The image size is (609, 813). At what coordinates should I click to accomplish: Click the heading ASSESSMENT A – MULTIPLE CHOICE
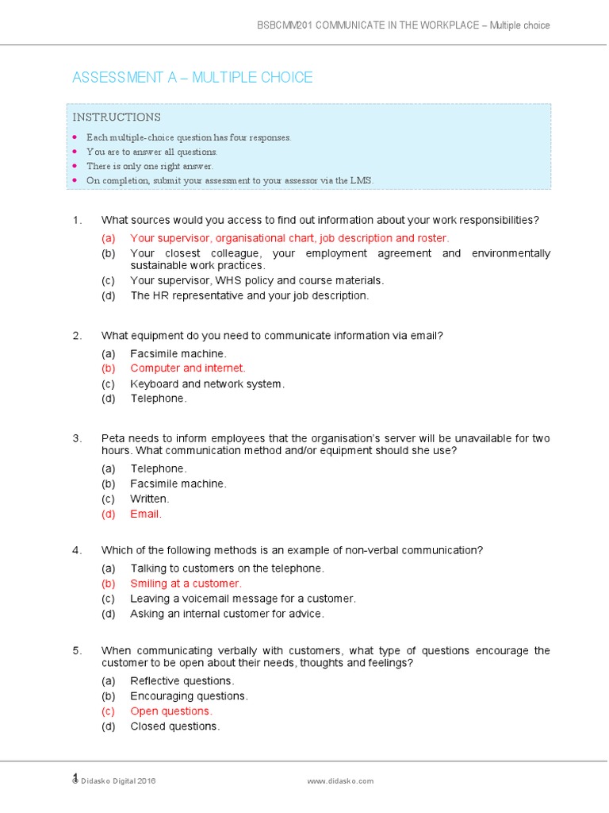click(x=192, y=77)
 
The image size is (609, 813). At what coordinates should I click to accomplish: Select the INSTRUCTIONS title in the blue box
click(x=117, y=118)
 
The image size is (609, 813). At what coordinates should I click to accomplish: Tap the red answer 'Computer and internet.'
click(x=188, y=368)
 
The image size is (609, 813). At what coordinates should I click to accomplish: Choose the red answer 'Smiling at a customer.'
click(x=186, y=584)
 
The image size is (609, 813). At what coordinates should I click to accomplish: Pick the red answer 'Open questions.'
click(x=171, y=711)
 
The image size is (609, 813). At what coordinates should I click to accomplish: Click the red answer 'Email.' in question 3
click(x=146, y=514)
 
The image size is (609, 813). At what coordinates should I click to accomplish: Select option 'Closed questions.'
click(x=174, y=726)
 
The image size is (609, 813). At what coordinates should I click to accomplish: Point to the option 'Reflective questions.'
click(x=182, y=681)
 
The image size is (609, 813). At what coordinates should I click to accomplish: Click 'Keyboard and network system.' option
click(x=207, y=384)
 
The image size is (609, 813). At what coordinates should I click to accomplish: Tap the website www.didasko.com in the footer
click(x=340, y=781)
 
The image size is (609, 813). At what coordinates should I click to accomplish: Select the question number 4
click(x=77, y=550)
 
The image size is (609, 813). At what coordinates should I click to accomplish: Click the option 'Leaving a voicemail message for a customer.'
click(x=243, y=599)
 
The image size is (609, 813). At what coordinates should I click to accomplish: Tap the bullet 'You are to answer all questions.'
click(x=151, y=152)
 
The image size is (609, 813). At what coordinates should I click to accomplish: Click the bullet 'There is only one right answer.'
click(x=150, y=166)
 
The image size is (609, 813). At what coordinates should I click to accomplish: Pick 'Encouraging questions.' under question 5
click(x=189, y=696)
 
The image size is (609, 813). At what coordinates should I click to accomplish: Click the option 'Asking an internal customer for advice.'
click(x=227, y=614)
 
